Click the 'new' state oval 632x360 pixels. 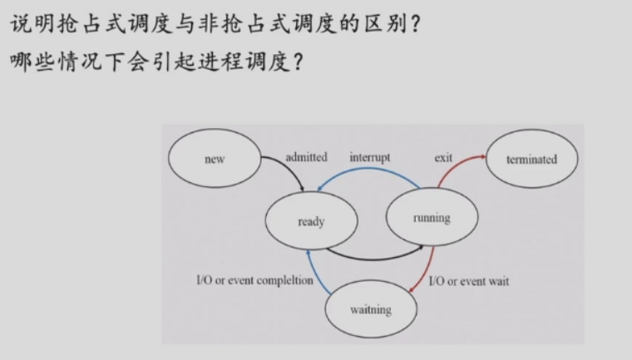(x=215, y=159)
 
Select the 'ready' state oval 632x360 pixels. (x=310, y=221)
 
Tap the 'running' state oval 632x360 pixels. (x=431, y=218)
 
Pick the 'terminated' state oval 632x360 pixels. (x=531, y=159)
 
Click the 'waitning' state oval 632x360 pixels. (x=370, y=310)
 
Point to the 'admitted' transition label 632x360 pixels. (x=306, y=156)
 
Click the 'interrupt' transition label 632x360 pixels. (x=370, y=156)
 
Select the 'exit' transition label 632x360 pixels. (x=443, y=157)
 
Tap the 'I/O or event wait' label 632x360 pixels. (x=469, y=281)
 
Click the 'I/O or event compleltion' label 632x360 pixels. (x=254, y=280)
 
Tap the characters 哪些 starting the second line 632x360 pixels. (x=34, y=63)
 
